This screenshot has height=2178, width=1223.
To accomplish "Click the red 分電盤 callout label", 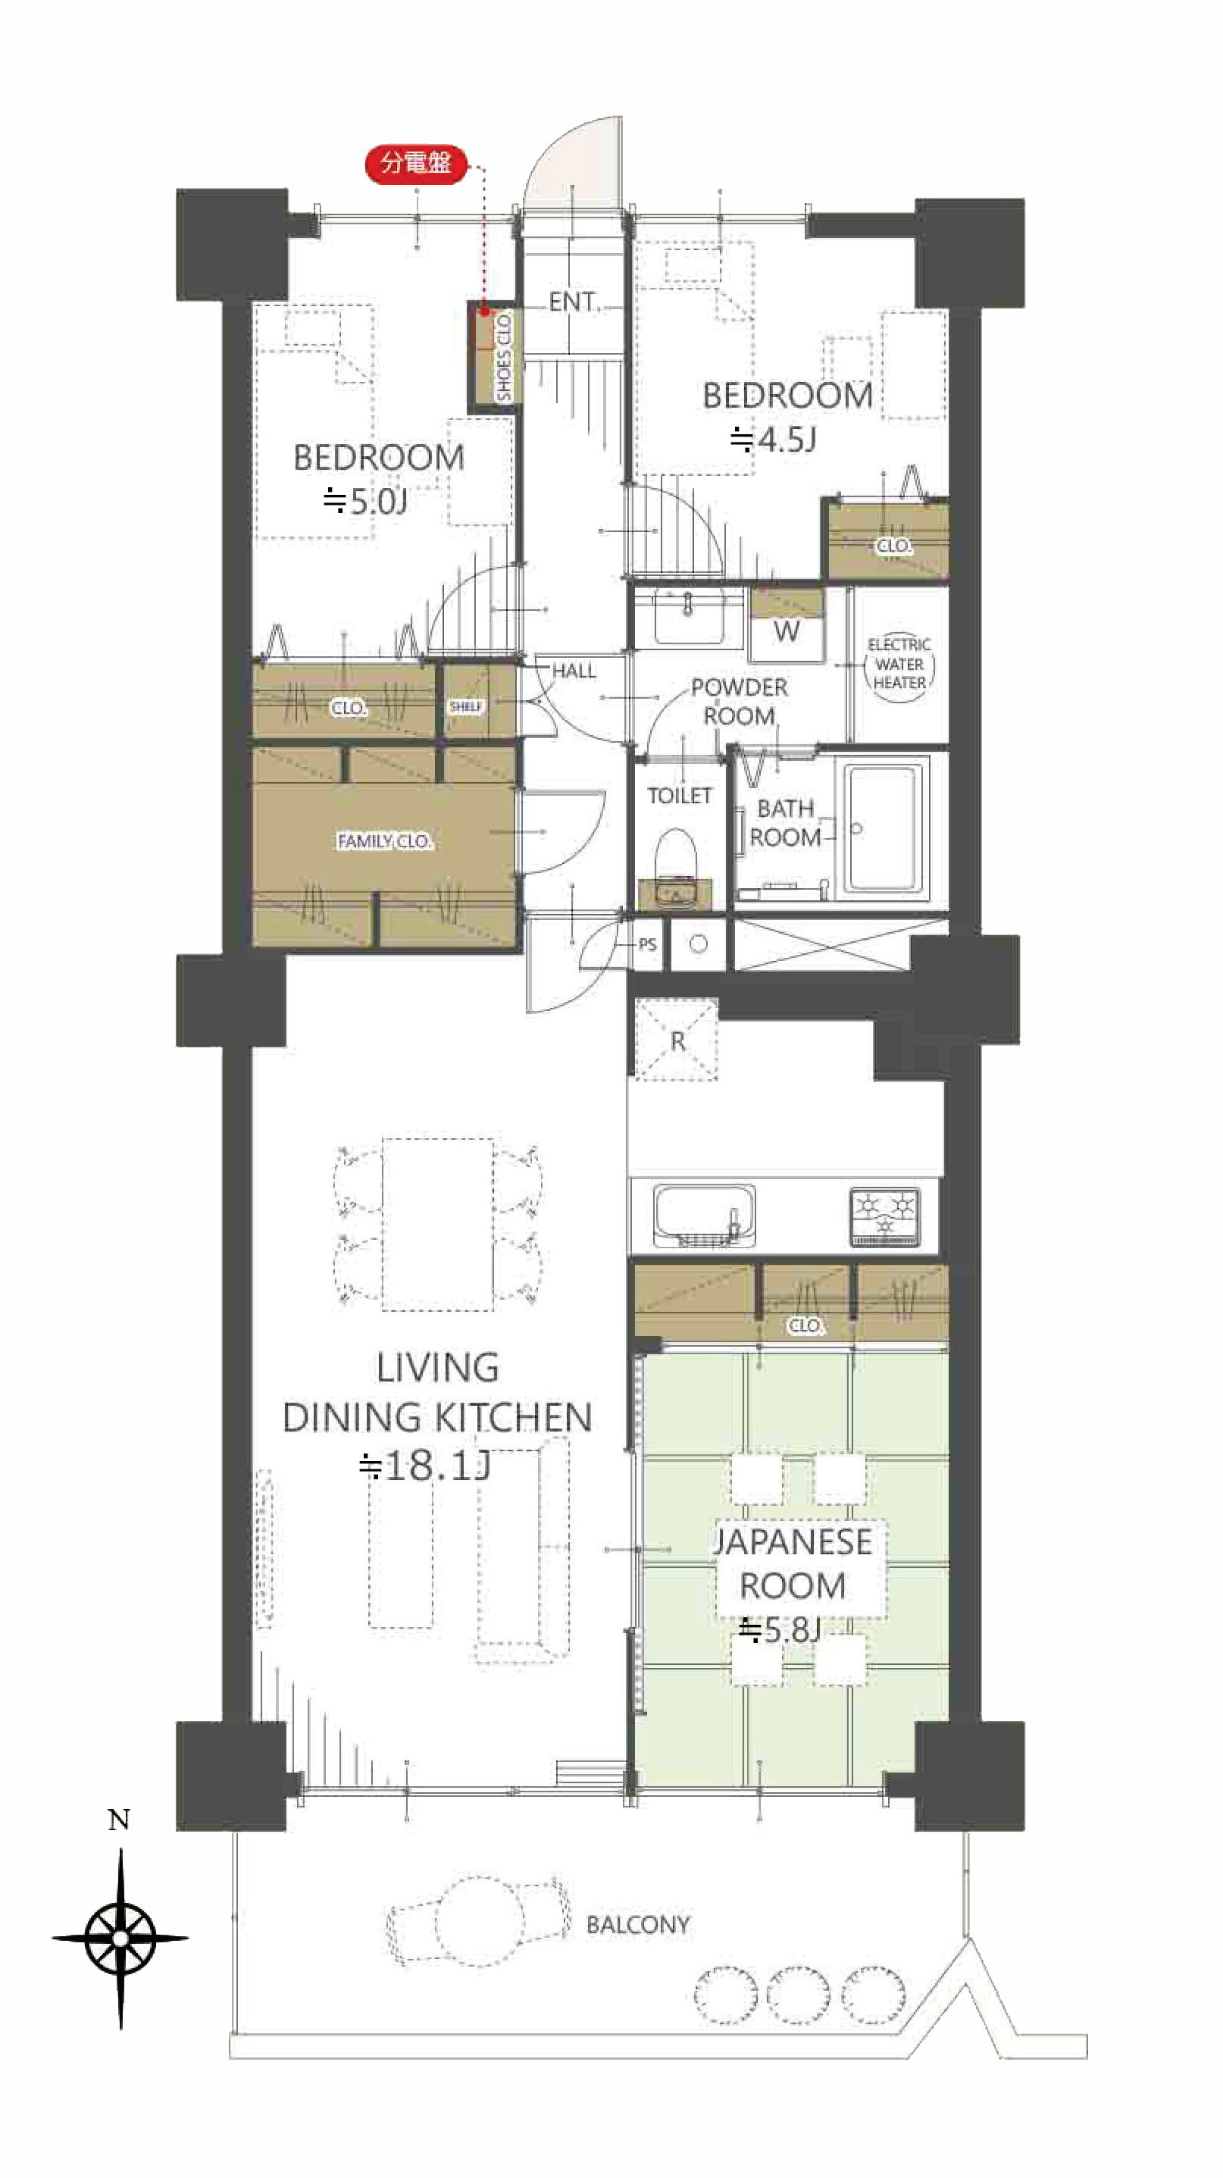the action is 416,163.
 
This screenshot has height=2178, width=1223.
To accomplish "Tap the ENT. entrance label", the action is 572,302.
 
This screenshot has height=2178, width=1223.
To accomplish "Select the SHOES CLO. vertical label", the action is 505,357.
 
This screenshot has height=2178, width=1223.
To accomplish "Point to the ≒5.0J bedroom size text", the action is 365,502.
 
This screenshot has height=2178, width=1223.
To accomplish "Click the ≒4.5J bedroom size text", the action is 772,440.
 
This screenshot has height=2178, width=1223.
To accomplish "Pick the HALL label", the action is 574,671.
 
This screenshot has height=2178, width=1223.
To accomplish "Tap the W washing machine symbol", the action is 786,631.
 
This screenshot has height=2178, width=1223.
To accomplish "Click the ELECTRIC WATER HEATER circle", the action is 899,665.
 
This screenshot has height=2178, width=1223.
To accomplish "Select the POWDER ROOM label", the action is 739,702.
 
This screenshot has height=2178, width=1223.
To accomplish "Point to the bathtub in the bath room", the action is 881,828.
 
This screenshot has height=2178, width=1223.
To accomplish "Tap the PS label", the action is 647,944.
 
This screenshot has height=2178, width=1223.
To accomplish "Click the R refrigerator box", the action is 676,1040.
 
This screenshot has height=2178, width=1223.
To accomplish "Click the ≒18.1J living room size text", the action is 424,1466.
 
